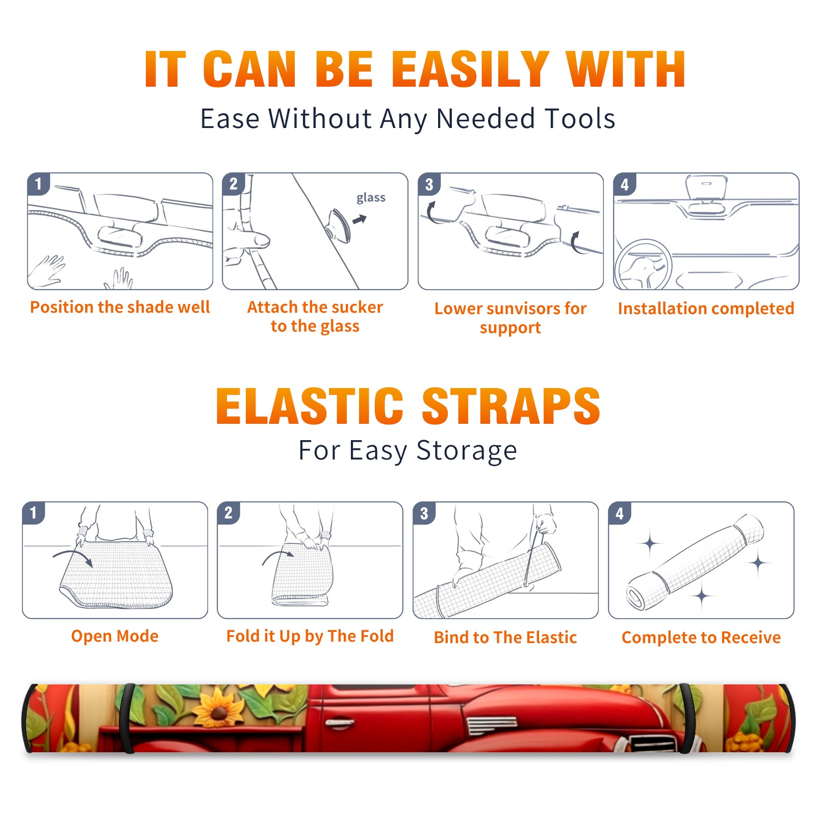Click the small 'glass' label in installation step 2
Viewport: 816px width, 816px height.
[371, 198]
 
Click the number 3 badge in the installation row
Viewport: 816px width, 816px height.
[429, 184]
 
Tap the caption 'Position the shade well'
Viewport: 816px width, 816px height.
[120, 307]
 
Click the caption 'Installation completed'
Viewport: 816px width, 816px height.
[706, 309]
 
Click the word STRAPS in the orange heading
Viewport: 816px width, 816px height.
[511, 406]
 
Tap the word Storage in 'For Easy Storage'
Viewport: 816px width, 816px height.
[467, 451]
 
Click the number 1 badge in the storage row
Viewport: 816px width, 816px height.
[34, 513]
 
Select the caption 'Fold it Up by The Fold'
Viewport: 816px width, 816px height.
[310, 636]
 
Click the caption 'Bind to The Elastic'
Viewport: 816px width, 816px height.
[505, 637]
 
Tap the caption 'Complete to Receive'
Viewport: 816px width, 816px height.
[701, 637]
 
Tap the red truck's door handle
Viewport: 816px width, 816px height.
[340, 723]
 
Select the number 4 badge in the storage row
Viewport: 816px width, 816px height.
[620, 513]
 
